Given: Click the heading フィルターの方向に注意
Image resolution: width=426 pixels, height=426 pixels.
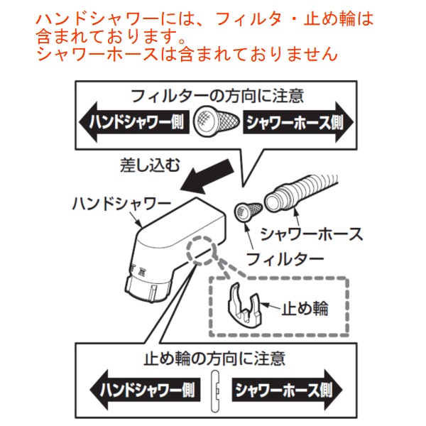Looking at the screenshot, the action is click(x=217, y=96).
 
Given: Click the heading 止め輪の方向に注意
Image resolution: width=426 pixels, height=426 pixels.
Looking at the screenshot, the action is click(x=214, y=359).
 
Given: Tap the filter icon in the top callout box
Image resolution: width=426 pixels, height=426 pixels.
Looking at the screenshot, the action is click(x=217, y=121).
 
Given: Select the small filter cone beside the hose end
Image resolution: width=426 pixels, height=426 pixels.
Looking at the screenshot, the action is click(x=248, y=212).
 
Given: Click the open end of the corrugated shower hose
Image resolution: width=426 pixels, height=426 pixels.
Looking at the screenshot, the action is click(x=275, y=202).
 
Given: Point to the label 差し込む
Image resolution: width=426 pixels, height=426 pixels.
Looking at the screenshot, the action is click(x=150, y=165).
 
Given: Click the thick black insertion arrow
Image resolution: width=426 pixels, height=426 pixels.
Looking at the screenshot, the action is click(x=207, y=176).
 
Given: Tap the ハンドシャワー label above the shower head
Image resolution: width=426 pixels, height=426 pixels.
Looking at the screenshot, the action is click(x=121, y=203).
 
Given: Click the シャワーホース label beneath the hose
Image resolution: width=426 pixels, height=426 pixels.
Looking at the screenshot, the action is click(x=312, y=234).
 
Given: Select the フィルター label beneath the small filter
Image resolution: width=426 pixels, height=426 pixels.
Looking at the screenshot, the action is click(x=285, y=259).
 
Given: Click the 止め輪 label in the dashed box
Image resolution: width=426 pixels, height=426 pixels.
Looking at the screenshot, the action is click(x=305, y=308).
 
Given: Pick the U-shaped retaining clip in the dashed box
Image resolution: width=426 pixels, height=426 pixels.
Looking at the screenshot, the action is click(x=244, y=305).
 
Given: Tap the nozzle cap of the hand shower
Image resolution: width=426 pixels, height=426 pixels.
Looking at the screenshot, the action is click(x=148, y=290).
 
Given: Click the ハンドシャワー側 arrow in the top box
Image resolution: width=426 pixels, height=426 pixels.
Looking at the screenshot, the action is click(x=134, y=121).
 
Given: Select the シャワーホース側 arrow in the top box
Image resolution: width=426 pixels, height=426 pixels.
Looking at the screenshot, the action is click(x=298, y=122).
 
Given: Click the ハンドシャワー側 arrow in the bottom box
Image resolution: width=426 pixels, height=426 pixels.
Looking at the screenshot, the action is click(x=145, y=390).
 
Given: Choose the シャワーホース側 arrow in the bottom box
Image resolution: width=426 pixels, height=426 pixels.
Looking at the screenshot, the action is click(x=287, y=390).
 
